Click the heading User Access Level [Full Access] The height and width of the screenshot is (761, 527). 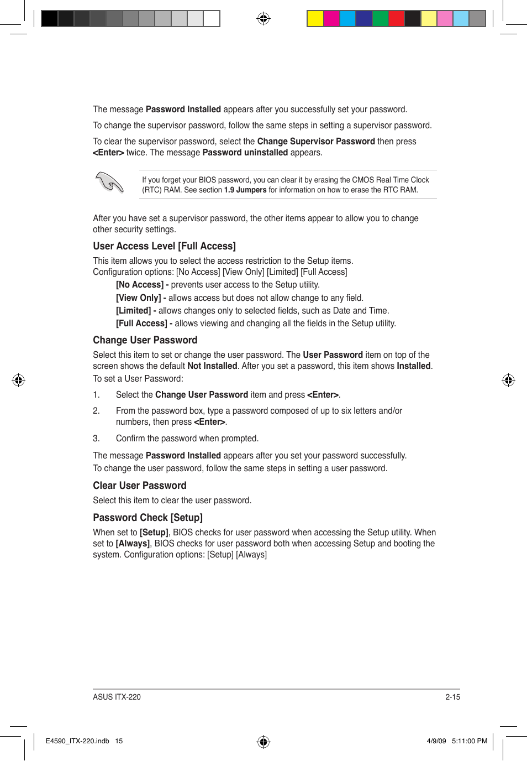[164, 246]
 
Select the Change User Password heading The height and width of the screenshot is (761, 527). [145, 340]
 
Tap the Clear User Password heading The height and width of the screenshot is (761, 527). [139, 486]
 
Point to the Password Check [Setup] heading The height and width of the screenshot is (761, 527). [147, 518]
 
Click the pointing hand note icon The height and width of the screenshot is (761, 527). [109, 183]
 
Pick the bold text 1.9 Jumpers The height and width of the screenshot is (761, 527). [245, 190]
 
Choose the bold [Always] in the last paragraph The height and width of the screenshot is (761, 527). [133, 544]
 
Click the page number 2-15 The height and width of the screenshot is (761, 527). [452, 697]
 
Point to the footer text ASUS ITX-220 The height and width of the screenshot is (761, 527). [117, 697]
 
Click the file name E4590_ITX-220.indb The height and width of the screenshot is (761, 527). [77, 741]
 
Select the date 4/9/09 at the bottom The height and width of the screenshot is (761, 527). [436, 741]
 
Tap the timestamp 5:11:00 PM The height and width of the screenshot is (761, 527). [470, 741]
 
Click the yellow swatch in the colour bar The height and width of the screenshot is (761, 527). [315, 19]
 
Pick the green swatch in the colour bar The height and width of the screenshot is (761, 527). [380, 19]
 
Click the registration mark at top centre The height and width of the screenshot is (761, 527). [263, 19]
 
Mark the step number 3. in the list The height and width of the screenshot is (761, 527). [96, 439]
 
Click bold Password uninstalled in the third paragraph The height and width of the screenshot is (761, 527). [245, 153]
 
